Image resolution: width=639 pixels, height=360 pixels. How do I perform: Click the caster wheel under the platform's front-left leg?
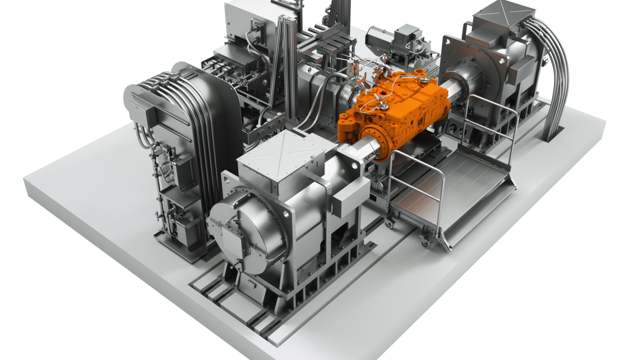point(390,224)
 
